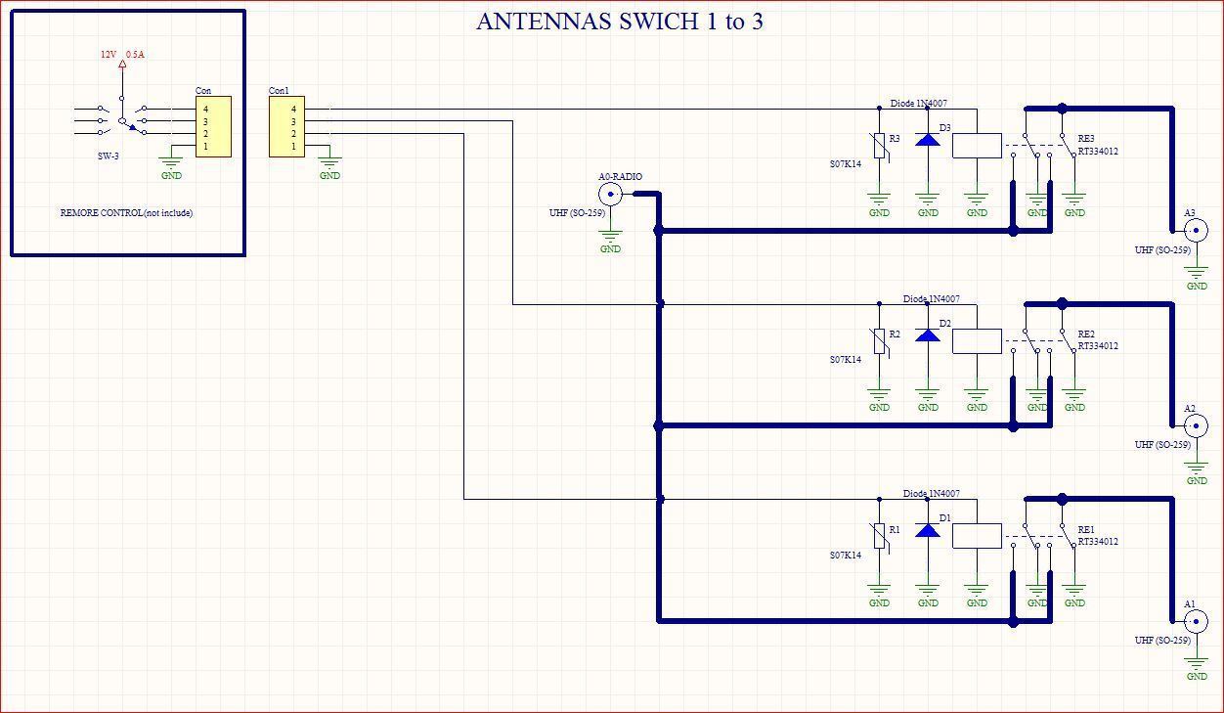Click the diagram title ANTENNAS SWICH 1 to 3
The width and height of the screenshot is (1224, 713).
click(620, 22)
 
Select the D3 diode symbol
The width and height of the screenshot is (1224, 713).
click(928, 140)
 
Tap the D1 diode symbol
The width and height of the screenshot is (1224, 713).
click(928, 530)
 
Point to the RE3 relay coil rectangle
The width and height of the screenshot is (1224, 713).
click(977, 146)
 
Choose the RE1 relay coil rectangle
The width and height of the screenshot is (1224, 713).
click(977, 536)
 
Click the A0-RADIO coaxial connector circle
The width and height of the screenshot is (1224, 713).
click(610, 194)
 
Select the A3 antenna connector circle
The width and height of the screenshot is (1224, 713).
click(1196, 230)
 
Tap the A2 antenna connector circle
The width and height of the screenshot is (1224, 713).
click(1196, 425)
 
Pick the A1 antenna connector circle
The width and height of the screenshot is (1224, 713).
click(1196, 621)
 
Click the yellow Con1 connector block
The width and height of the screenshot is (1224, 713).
click(286, 127)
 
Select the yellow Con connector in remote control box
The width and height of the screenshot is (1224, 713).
click(214, 127)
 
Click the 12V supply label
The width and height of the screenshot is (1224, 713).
click(109, 54)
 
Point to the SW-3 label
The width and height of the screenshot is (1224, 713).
click(109, 156)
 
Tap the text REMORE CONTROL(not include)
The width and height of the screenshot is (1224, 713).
click(126, 212)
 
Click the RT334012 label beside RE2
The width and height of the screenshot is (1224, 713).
click(1098, 346)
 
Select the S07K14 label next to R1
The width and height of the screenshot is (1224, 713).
click(846, 555)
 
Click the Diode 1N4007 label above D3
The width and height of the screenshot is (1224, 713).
click(919, 103)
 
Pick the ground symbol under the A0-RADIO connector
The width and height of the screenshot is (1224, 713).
click(610, 237)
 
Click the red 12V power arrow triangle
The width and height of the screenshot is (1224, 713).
click(122, 64)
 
